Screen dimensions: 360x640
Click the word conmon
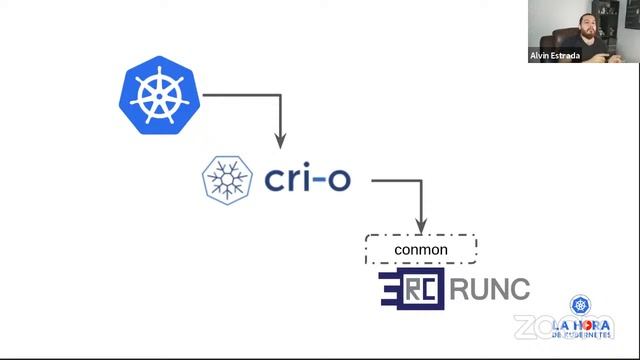(x=421, y=248)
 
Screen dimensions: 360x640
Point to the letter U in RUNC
(x=477, y=290)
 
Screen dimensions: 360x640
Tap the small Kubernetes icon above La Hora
(x=579, y=306)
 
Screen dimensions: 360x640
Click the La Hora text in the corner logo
(x=579, y=326)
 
